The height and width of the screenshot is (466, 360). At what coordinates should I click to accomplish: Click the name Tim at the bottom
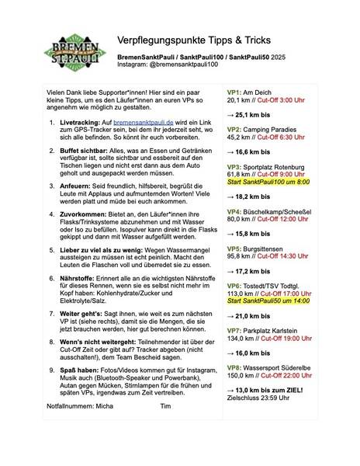164,427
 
